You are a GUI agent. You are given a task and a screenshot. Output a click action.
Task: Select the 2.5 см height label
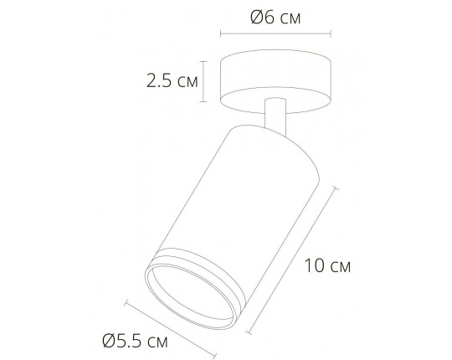tap(171, 81)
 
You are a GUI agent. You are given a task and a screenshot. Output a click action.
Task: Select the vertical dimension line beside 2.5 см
tap(203, 81)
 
